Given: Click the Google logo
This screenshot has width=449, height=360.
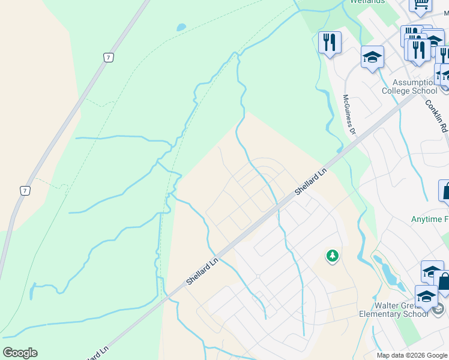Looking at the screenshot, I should [20, 352].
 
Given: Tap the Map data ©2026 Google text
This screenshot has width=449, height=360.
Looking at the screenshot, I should [412, 355].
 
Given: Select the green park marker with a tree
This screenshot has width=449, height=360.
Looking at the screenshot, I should [332, 256].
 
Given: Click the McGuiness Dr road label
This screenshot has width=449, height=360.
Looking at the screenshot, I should [349, 115].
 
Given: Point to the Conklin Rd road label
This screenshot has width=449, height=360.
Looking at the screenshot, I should [436, 115].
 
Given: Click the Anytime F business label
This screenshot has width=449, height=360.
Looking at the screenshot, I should [430, 220].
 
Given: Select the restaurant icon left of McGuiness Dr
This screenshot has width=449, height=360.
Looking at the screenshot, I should [330, 42].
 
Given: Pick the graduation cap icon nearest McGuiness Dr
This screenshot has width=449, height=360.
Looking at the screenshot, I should [372, 58].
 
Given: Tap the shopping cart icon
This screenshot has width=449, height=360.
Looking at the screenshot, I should [421, 4].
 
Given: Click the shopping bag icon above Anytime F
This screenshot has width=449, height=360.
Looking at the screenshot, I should [446, 191].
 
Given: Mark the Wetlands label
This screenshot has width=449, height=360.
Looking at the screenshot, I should [367, 2].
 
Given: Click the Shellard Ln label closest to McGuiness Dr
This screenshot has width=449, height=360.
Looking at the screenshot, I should [310, 181].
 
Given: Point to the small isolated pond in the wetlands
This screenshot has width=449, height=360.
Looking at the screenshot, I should [181, 27].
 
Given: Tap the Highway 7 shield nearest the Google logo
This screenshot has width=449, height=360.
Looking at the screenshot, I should [25, 191].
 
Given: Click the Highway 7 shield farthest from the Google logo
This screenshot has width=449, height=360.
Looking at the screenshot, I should [107, 58].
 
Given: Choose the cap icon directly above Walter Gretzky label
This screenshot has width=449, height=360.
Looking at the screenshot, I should [426, 296].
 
